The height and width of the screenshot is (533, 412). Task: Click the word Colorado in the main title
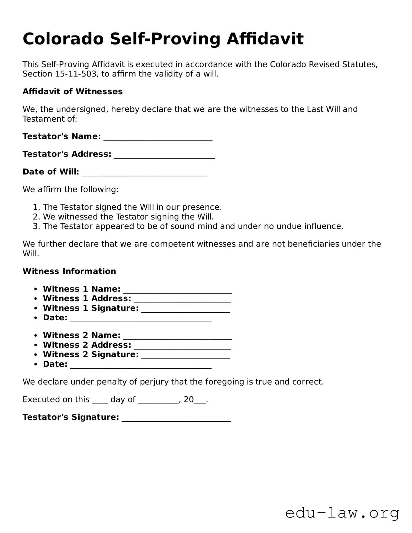click(63, 39)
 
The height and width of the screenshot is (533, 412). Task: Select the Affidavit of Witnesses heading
click(73, 92)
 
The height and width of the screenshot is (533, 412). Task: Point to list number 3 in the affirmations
click(36, 226)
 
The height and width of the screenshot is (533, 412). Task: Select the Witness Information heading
click(69, 271)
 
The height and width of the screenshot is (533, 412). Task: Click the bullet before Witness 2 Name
click(35, 336)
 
